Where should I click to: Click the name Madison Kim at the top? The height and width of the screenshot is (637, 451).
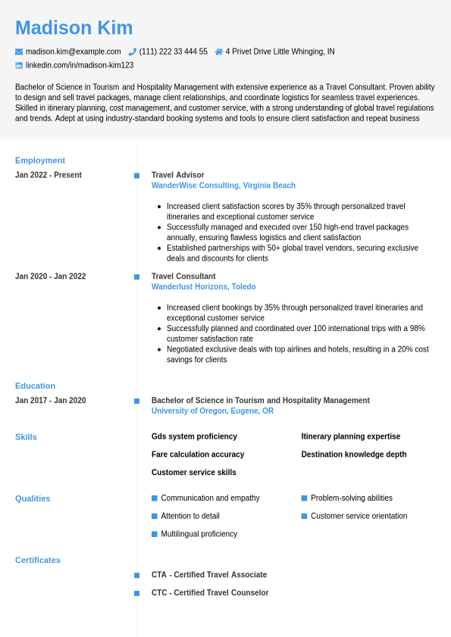click(x=74, y=28)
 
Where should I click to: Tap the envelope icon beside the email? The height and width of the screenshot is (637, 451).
click(x=19, y=52)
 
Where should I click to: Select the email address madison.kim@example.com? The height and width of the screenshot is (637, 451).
click(x=73, y=52)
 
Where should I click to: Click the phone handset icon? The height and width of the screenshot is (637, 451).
click(x=132, y=52)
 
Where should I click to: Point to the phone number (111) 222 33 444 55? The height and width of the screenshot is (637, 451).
click(x=173, y=52)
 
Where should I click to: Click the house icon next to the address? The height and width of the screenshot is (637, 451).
click(x=219, y=52)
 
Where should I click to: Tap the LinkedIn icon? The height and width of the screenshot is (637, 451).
click(x=19, y=65)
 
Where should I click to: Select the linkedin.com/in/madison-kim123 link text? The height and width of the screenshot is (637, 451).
click(x=80, y=65)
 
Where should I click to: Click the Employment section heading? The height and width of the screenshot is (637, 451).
click(x=40, y=160)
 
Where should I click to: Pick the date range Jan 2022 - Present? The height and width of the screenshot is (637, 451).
click(x=49, y=175)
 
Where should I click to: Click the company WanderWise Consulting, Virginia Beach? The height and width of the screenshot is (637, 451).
click(x=224, y=186)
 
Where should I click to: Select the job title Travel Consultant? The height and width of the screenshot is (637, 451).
click(x=183, y=276)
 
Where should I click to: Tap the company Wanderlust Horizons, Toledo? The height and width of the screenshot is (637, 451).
click(x=203, y=287)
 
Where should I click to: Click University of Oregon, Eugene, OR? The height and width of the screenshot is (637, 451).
click(x=212, y=411)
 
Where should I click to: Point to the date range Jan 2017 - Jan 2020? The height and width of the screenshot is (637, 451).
click(x=51, y=401)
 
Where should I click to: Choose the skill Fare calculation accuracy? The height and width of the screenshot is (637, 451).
click(x=198, y=454)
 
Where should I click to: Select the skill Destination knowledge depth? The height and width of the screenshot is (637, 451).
click(x=354, y=454)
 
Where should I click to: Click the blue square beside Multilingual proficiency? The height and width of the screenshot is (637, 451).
click(x=155, y=534)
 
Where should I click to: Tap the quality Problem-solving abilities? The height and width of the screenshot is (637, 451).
click(x=352, y=498)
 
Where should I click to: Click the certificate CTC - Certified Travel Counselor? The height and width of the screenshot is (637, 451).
click(x=210, y=593)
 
